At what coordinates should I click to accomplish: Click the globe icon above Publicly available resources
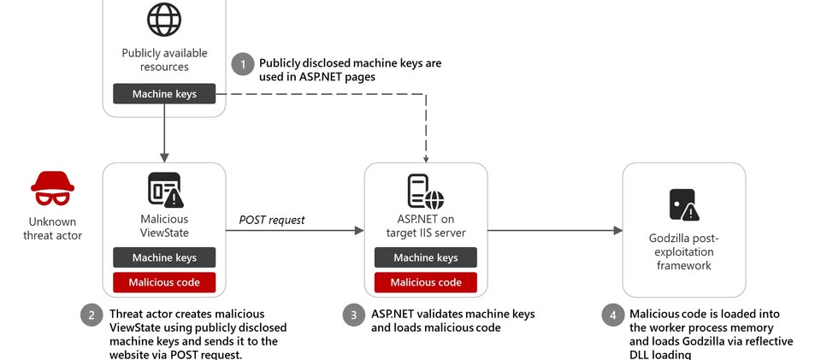pos(164,19)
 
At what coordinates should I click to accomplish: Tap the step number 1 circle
pos(243,64)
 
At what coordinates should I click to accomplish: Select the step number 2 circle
pos(92,315)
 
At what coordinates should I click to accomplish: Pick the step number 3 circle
pos(354,315)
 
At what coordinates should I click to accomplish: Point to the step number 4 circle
pos(612,315)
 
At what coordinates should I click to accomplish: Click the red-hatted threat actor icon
pos(52,189)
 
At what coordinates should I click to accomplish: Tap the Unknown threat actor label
pos(52,228)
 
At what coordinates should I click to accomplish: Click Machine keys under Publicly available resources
pos(164,93)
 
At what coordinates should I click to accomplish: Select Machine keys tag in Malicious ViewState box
pos(164,257)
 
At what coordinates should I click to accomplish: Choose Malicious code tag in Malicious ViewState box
pos(164,282)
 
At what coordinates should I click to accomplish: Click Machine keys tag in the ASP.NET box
pos(426,257)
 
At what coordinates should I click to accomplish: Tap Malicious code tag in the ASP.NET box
pos(426,282)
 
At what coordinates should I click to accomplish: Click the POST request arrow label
pos(272,220)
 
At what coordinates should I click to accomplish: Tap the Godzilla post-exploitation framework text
pos(684,252)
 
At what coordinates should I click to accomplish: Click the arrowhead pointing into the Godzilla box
pos(617,230)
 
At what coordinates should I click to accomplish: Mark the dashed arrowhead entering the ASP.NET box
pos(426,157)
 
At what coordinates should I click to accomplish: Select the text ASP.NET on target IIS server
pos(426,227)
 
